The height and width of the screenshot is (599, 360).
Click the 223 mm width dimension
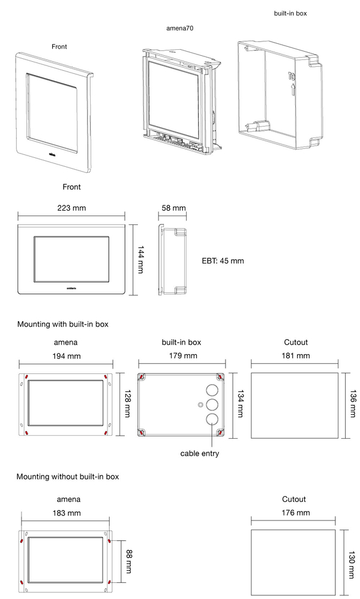(71, 208)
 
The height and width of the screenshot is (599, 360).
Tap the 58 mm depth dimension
(174, 208)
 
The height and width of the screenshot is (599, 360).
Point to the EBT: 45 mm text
(223, 261)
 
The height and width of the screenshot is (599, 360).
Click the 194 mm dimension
(66, 356)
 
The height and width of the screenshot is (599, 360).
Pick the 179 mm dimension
(182, 356)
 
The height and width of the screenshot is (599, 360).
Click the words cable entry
(200, 454)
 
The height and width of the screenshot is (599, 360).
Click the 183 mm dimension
(66, 513)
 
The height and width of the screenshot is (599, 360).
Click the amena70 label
(180, 28)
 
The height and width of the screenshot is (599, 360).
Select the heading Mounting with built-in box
(62, 324)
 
